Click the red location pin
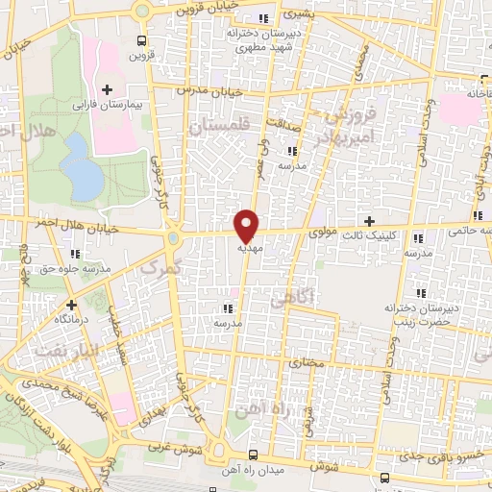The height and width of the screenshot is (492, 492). [247, 225]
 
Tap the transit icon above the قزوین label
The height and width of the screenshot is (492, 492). [141, 40]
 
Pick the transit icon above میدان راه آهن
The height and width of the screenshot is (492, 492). [253, 455]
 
